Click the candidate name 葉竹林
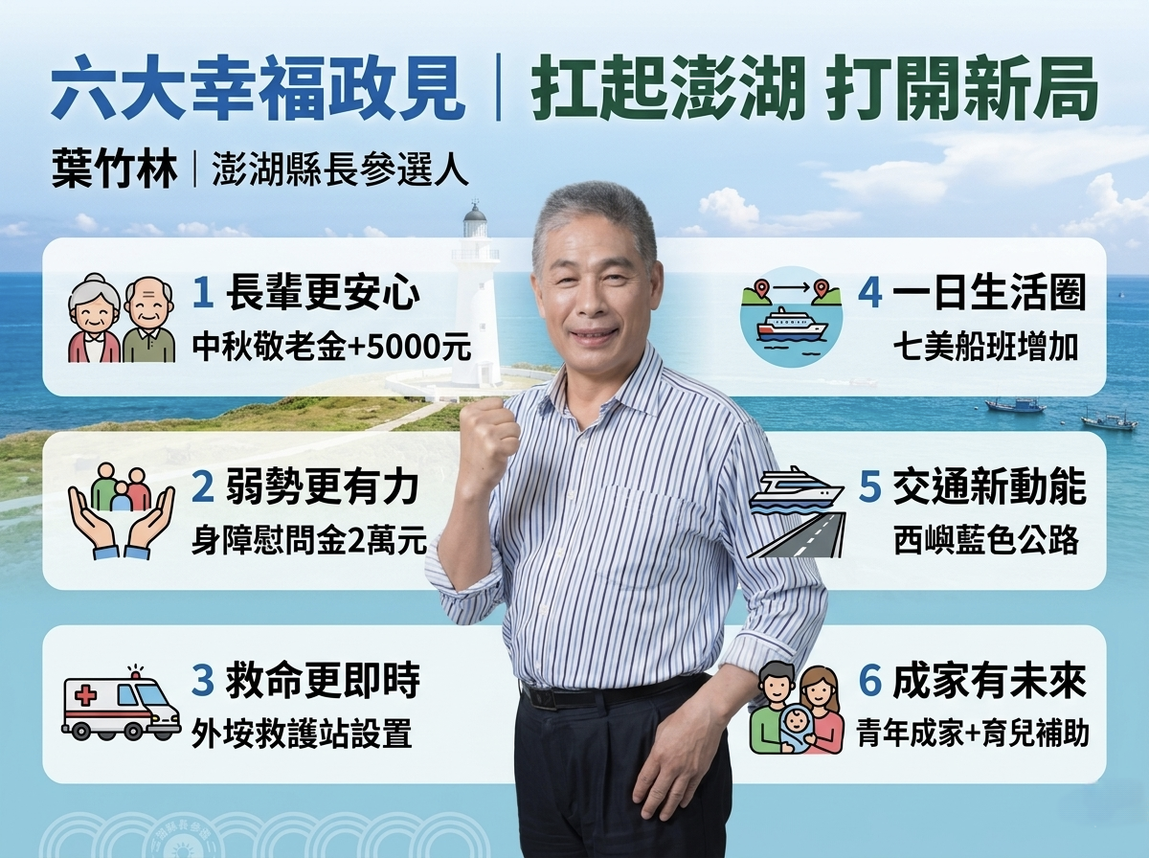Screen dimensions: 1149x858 coord(114,169)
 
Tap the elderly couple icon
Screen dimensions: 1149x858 coord(122,318)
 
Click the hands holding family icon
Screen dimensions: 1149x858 coord(122,511)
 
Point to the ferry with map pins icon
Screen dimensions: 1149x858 coord(792,316)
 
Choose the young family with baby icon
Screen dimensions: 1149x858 coord(797,708)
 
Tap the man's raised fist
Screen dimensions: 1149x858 coord(489,436)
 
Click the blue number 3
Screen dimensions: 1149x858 coord(203,681)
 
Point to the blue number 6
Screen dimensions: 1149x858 coord(870,681)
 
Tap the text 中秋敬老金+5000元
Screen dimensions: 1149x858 coord(331,347)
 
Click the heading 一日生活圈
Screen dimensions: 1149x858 coord(989,293)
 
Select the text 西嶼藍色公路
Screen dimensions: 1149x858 coord(986,540)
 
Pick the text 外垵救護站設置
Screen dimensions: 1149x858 coord(302,734)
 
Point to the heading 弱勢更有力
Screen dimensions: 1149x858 coord(323,487)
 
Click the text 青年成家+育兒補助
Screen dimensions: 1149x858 coord(973,734)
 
